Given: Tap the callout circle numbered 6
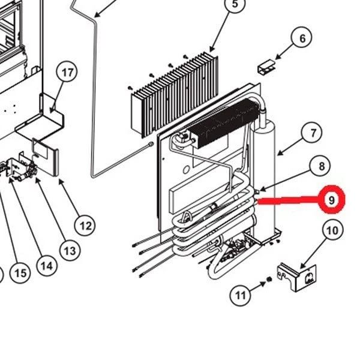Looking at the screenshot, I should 302,38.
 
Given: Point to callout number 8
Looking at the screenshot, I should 321,167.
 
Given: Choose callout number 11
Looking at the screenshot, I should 241,295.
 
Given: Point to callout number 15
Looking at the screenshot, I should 20,274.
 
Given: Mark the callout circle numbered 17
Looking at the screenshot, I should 67,73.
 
